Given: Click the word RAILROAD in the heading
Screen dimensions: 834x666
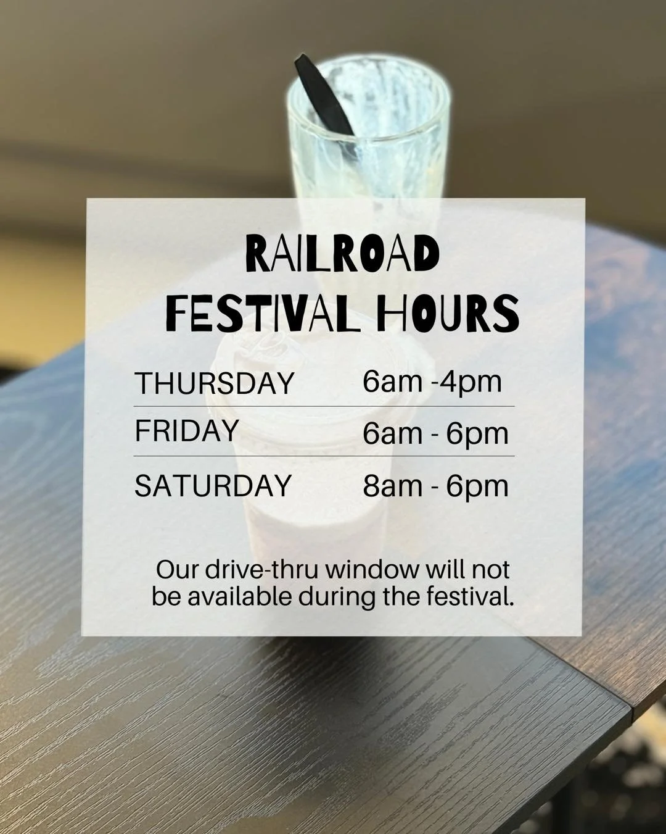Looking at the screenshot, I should point(342,254).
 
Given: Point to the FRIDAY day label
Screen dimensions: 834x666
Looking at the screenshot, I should point(186,431).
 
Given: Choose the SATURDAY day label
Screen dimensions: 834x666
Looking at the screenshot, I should point(213,485).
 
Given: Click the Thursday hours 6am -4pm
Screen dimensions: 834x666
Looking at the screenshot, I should point(432,382).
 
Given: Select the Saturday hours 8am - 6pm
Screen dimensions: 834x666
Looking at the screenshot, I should point(435,486).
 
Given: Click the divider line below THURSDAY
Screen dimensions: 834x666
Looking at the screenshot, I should point(324,406).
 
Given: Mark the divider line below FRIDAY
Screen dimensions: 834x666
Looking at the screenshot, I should point(324,456).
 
